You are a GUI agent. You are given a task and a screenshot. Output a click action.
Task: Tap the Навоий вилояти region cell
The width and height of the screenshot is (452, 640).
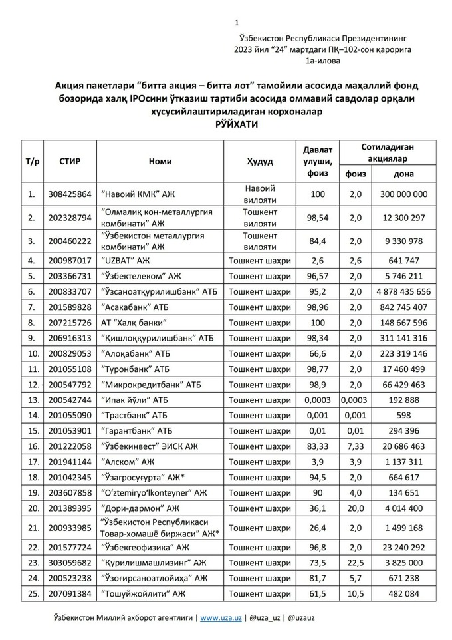259,194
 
